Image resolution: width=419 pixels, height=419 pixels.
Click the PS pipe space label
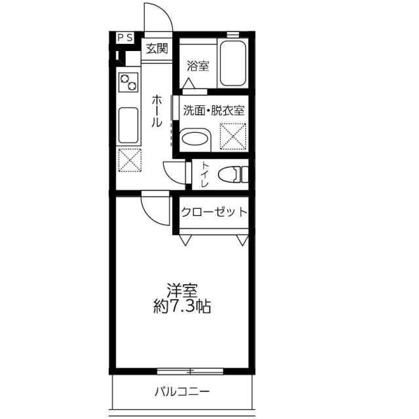click(125, 38)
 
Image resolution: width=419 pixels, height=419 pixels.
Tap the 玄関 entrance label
click(157, 48)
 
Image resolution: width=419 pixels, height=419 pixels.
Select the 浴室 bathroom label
click(198, 66)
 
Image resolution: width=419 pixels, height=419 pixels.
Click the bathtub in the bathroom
click(233, 64)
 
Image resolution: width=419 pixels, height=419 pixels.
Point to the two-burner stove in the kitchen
click(128, 82)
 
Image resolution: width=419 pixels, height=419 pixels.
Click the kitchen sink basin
click(128, 125)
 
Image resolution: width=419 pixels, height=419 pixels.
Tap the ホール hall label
click(157, 111)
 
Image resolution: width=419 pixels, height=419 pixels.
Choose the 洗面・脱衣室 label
click(214, 111)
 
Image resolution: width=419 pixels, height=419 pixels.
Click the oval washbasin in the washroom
click(194, 138)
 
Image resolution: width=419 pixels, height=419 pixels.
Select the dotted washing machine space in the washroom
click(233, 136)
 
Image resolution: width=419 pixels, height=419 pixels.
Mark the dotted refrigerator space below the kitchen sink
click(130, 160)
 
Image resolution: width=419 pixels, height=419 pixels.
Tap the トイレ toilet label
click(205, 175)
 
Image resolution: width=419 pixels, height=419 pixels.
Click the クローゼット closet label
click(214, 212)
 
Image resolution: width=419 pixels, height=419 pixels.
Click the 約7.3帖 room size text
click(182, 306)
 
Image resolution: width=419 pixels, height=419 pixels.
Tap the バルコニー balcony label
click(182, 392)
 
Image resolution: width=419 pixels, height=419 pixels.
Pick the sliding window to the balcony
click(190, 371)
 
